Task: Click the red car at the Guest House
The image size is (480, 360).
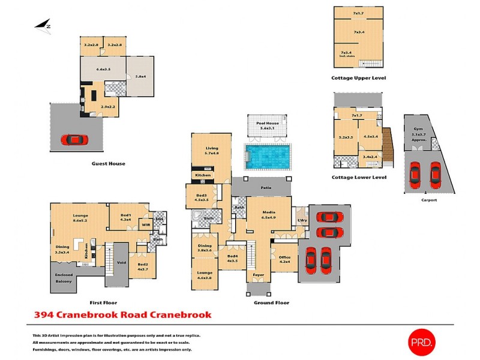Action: tap(74, 140)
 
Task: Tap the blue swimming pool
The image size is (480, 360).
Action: tap(267, 157)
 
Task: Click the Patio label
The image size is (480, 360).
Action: tap(266, 188)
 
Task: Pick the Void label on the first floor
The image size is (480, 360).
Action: tap(121, 261)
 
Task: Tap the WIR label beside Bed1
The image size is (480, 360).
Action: tap(145, 225)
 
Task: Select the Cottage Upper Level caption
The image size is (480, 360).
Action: tap(358, 78)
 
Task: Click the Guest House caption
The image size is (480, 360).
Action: tap(108, 163)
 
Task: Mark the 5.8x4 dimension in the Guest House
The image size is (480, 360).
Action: tap(141, 76)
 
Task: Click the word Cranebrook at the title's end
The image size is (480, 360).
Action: tap(182, 314)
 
